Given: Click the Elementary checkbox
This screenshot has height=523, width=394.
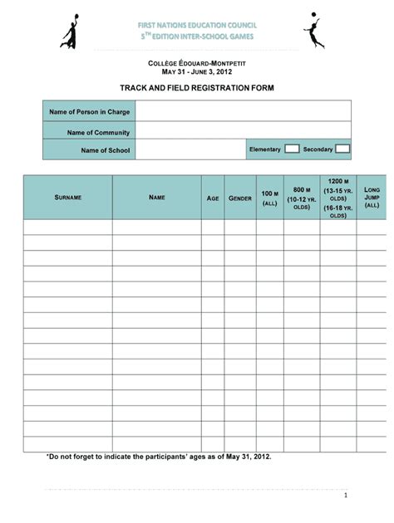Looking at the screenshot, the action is click(292, 149).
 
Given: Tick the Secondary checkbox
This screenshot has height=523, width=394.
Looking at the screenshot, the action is click(342, 149).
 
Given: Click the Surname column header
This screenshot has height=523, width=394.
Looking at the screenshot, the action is click(67, 198).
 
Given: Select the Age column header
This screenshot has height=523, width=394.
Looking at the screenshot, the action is click(213, 198).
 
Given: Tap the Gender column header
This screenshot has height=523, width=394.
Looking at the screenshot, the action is click(240, 198).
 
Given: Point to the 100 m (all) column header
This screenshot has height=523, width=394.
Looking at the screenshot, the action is click(269, 198).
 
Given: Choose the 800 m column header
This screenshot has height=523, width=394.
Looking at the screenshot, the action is click(302, 198).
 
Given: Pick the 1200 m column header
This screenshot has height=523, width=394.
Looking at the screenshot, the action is click(337, 198).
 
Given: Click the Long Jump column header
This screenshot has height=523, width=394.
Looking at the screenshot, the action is click(372, 198).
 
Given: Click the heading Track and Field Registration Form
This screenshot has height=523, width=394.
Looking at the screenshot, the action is click(197, 87).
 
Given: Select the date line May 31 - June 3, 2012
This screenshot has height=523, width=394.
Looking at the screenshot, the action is click(197, 72).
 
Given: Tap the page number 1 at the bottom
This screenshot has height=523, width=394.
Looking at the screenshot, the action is click(344, 496).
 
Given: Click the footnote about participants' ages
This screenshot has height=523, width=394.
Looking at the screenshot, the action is click(159, 457).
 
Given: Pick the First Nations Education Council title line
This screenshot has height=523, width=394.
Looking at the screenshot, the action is click(197, 27).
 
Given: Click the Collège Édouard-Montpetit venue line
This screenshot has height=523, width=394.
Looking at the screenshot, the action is click(197, 63).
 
